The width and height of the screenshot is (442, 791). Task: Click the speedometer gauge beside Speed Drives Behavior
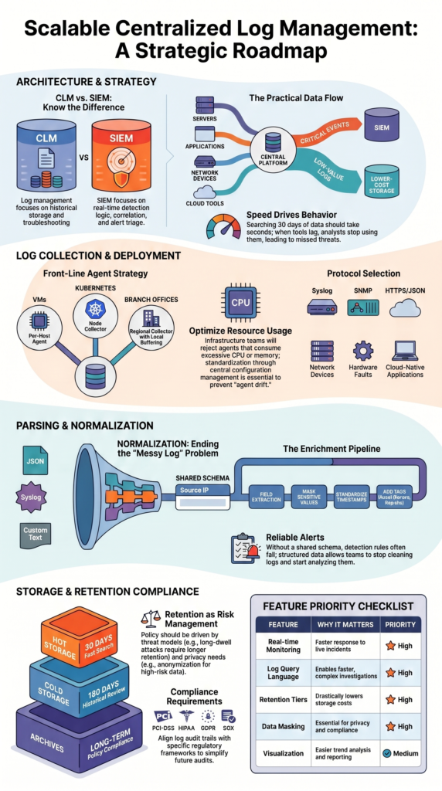tap(223, 226)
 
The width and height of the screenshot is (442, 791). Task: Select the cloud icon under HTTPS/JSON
tap(404, 307)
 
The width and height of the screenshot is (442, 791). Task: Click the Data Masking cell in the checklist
tap(283, 726)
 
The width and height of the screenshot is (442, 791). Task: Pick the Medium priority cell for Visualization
tap(399, 752)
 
